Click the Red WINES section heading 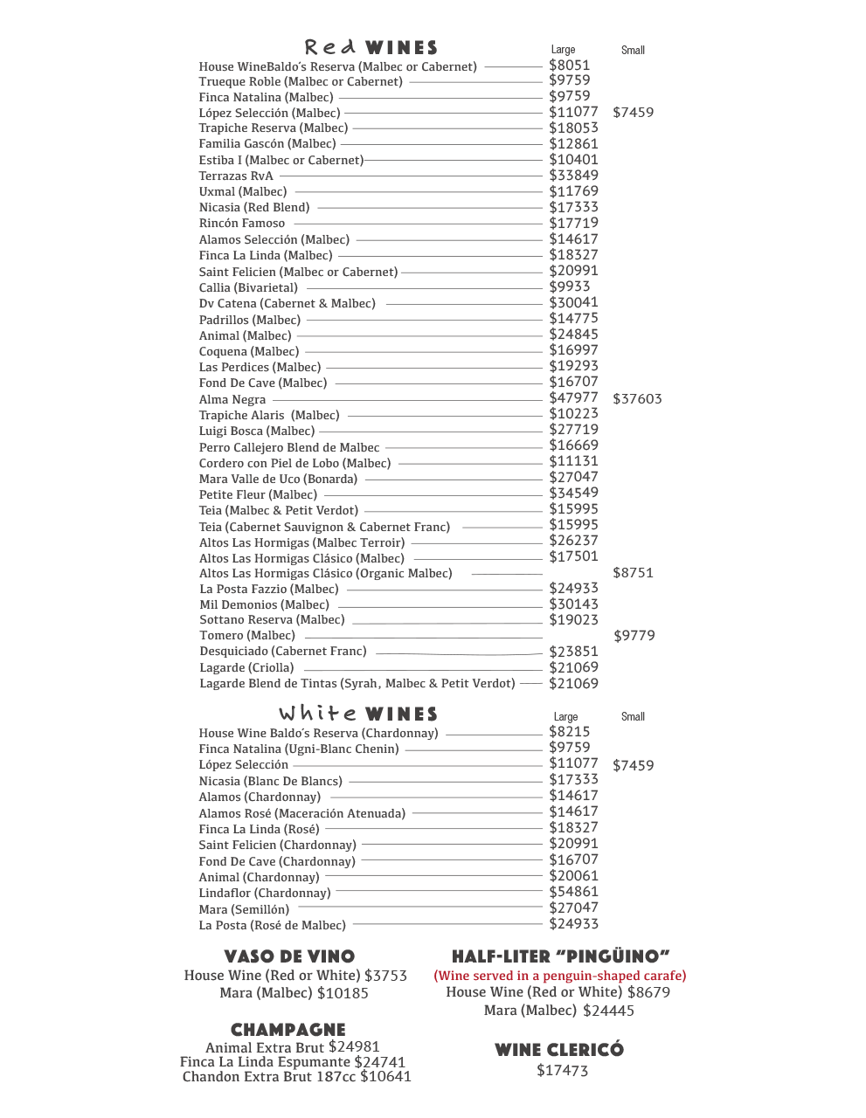click(x=371, y=47)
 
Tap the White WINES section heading click(x=358, y=714)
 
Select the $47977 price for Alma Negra click(x=573, y=398)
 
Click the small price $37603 click(x=637, y=399)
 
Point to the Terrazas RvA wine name click(x=236, y=176)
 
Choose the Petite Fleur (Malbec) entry click(x=258, y=494)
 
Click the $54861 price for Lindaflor click(x=573, y=892)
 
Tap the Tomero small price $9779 click(x=634, y=636)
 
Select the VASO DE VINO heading click(x=289, y=956)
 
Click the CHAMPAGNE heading click(x=288, y=1030)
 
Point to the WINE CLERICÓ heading click(x=559, y=1050)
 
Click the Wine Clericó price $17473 click(x=562, y=1071)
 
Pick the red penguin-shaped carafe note click(x=560, y=976)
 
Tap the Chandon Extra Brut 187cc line click(x=296, y=1077)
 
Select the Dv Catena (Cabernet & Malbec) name click(x=287, y=303)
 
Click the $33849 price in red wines click(x=573, y=175)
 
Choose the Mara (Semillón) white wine click(x=244, y=909)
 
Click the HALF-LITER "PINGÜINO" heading click(x=560, y=956)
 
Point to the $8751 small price click(x=633, y=573)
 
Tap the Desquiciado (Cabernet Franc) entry click(x=283, y=651)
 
